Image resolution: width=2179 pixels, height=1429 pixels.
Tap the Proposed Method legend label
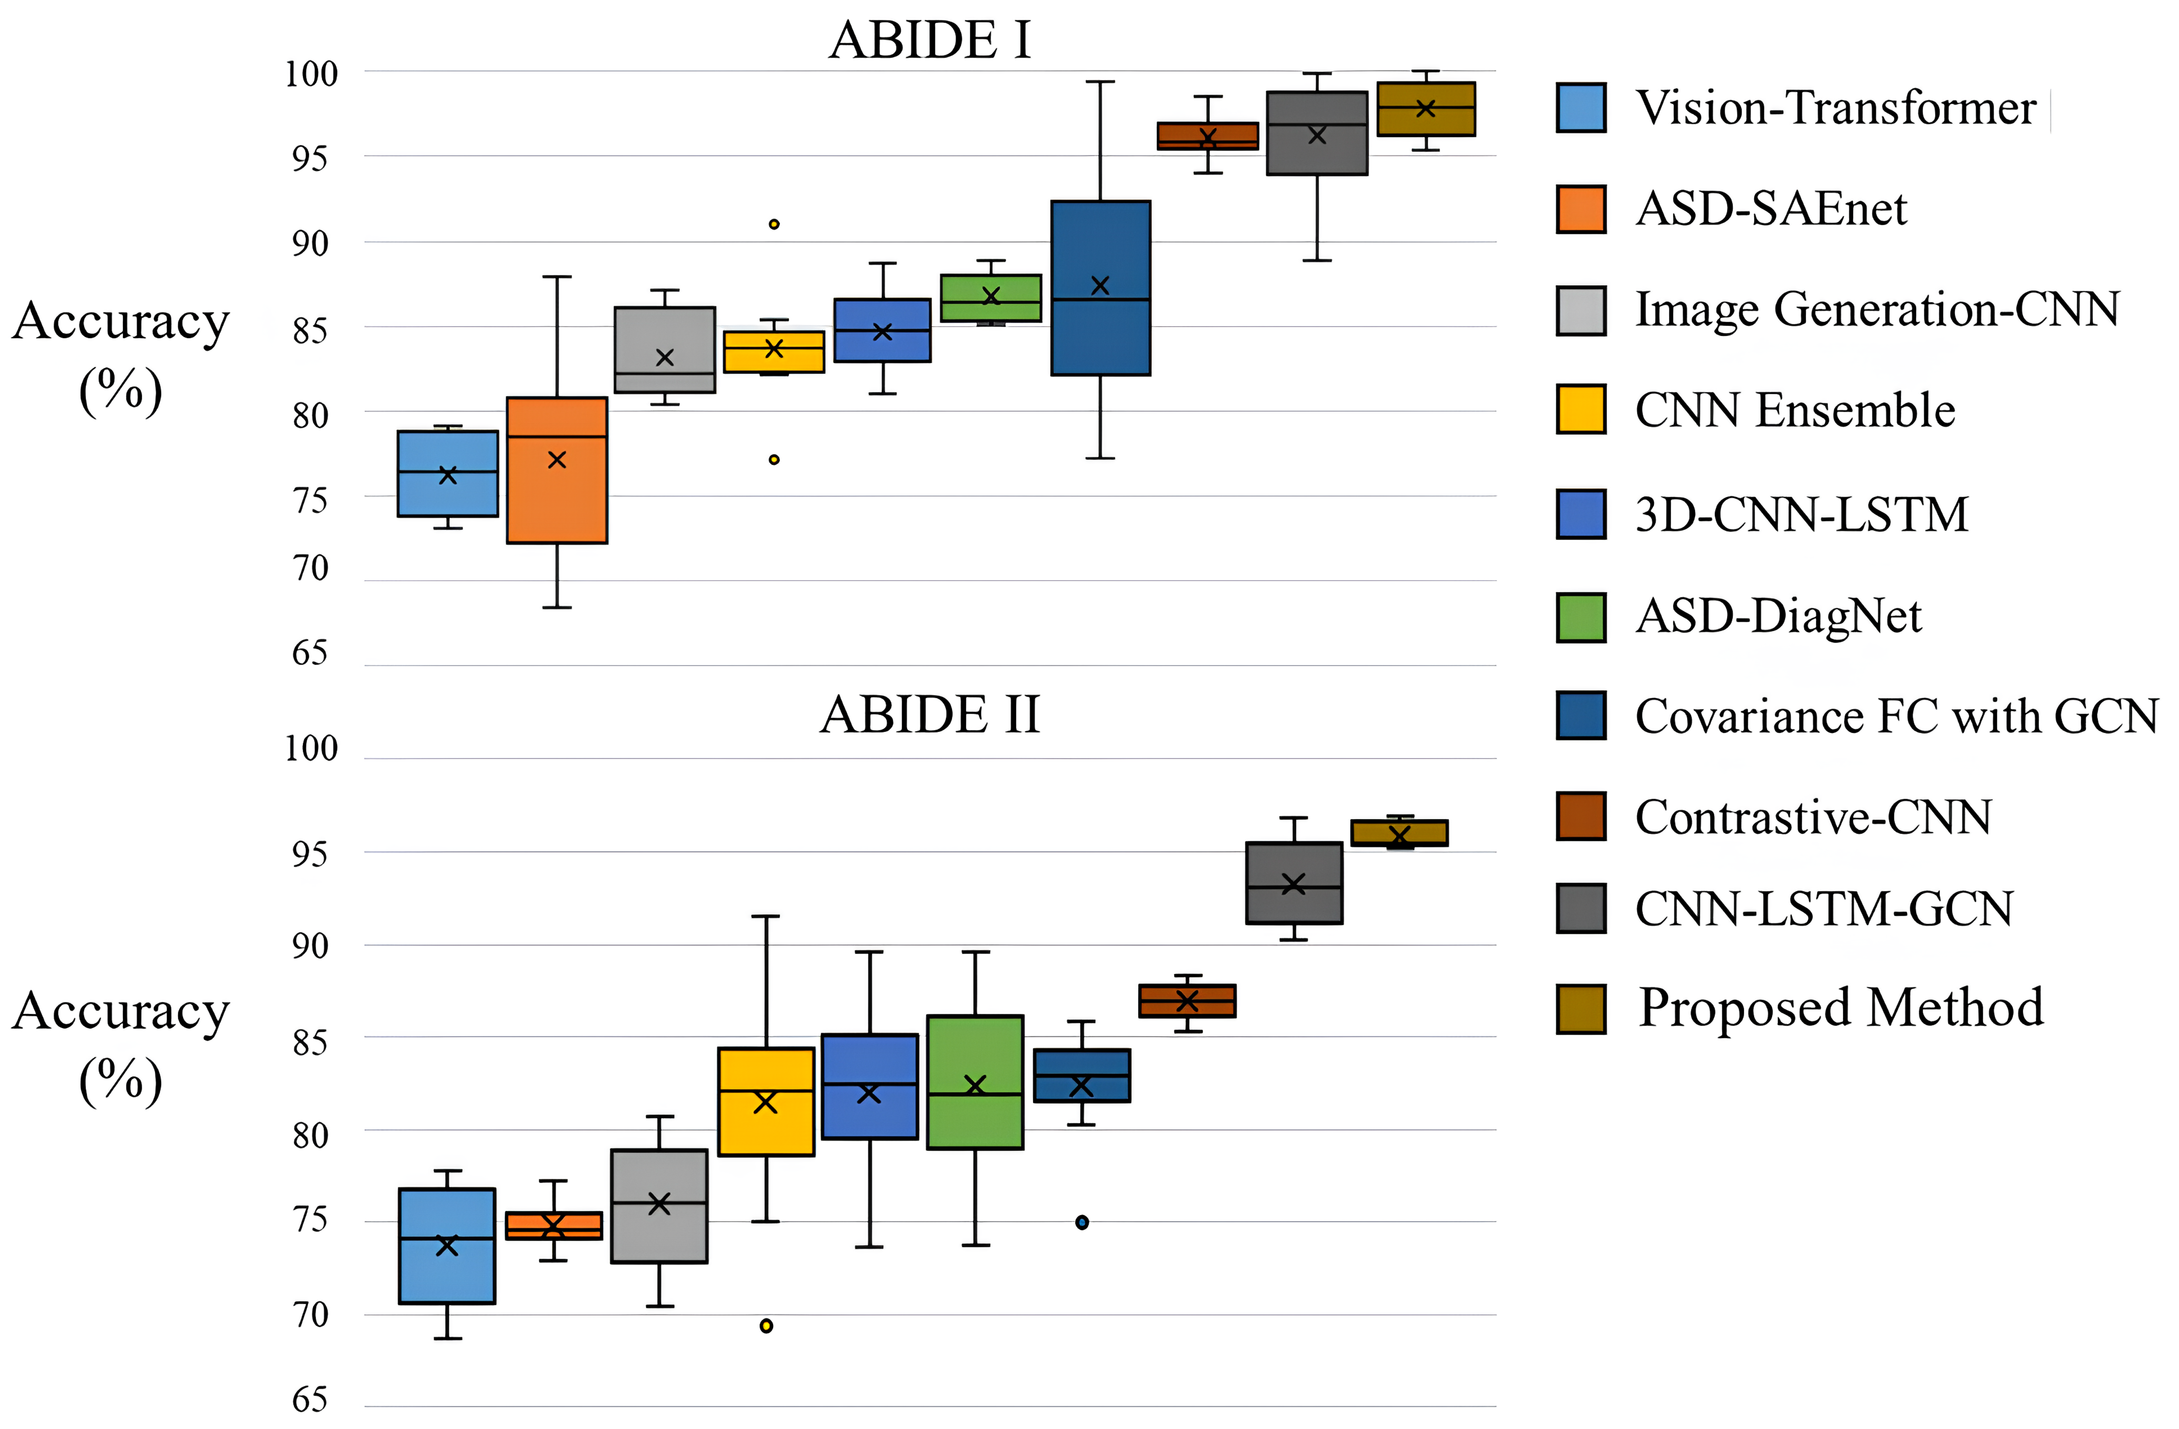click(1840, 1008)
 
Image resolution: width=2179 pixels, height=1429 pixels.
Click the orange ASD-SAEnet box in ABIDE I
click(557, 494)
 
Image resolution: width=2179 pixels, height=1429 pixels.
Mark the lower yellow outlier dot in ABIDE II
click(766, 1326)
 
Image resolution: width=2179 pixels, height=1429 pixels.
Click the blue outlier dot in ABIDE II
click(1082, 1222)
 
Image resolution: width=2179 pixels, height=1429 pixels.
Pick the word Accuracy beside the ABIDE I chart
click(121, 321)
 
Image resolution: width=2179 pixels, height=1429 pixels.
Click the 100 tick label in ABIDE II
click(311, 749)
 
